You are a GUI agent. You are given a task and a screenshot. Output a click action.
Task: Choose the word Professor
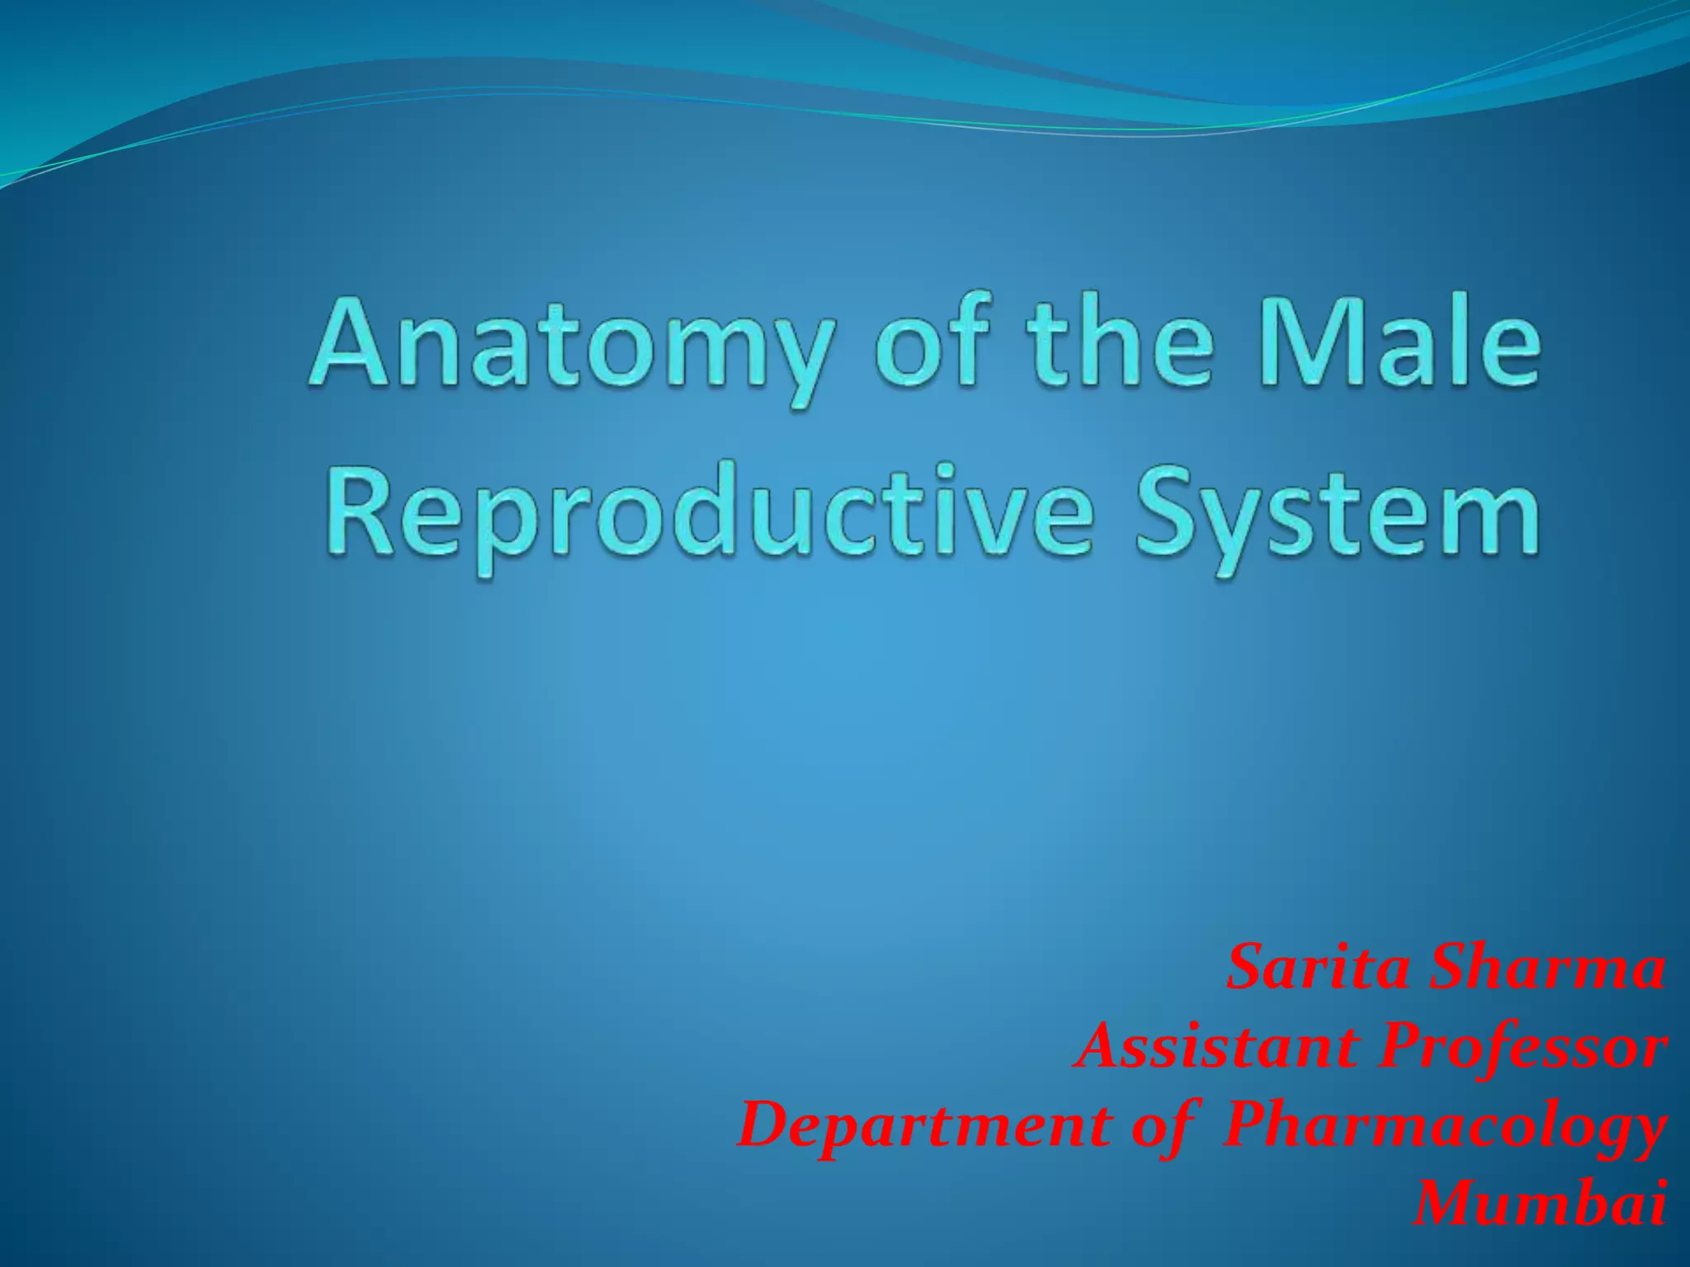pos(1518,1048)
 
